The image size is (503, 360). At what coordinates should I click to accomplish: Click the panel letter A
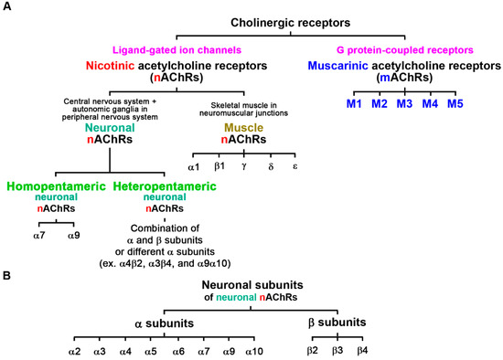pos(8,7)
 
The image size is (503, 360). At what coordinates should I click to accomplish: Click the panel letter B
pos(8,272)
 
